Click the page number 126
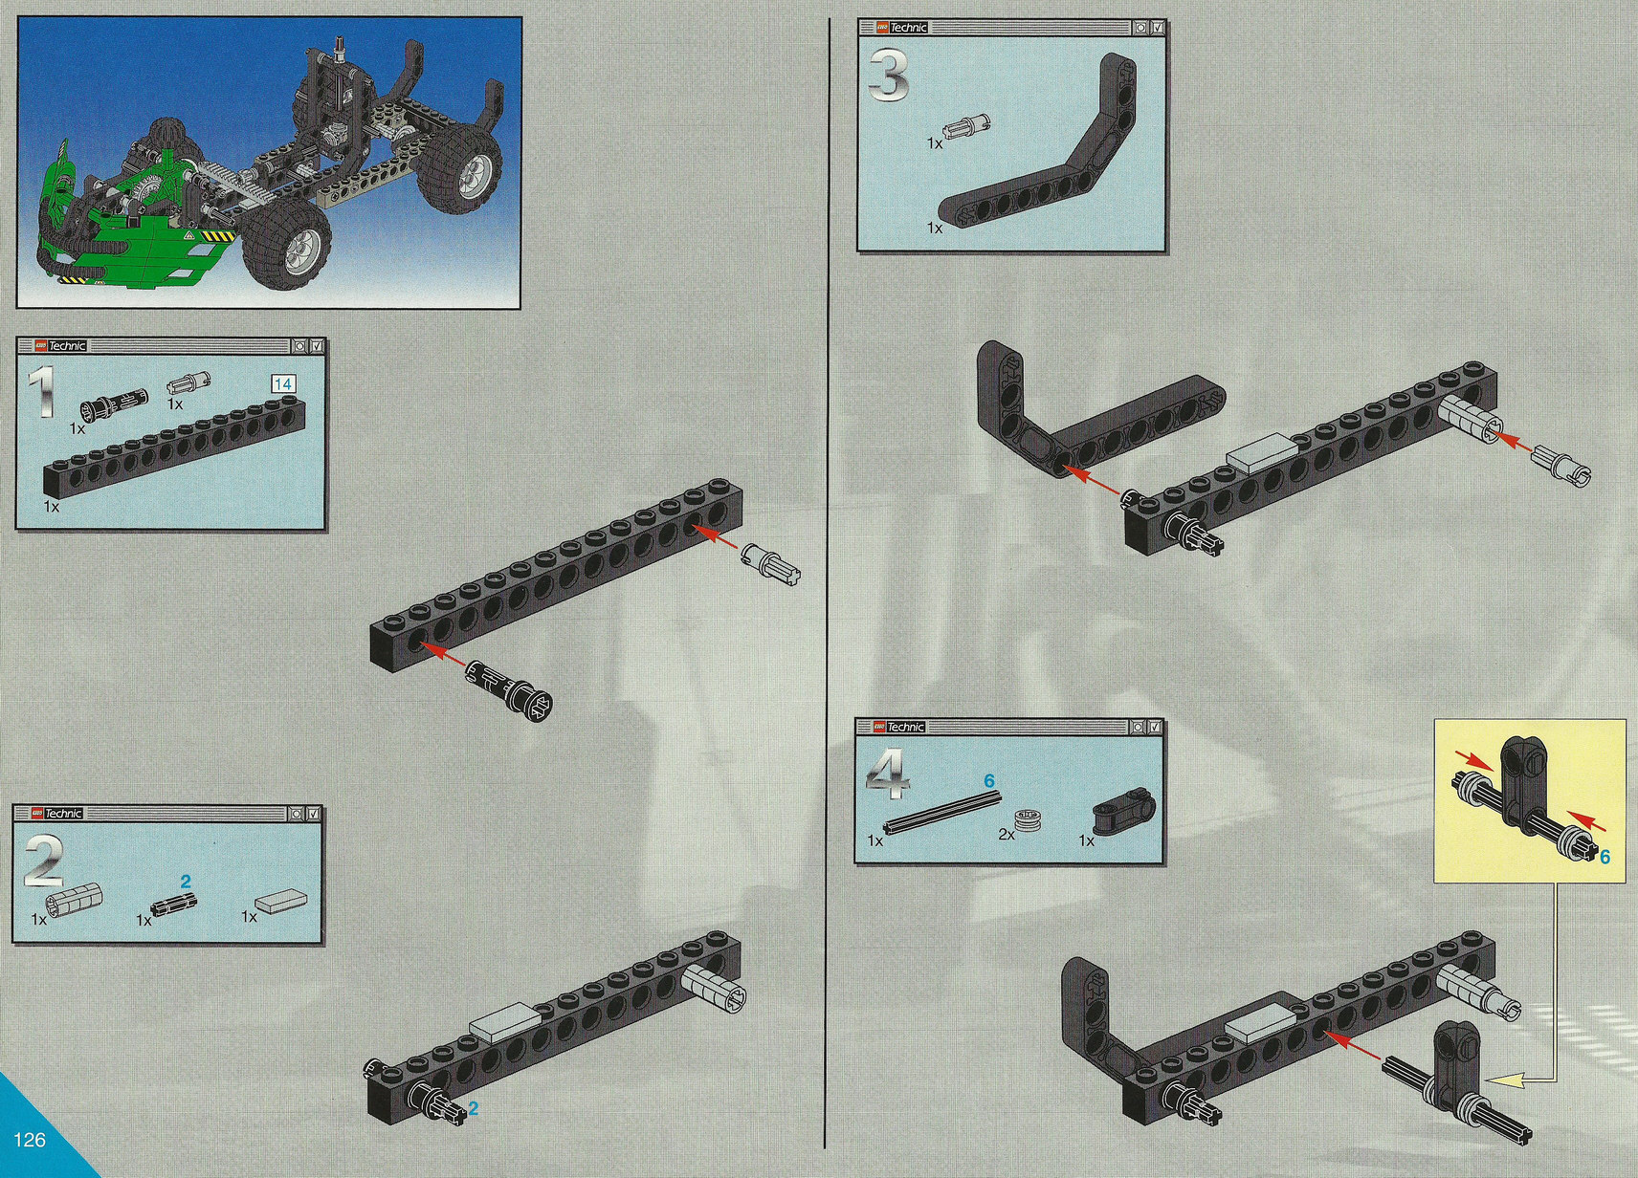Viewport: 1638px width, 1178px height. click(30, 1139)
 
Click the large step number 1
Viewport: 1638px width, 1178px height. click(42, 392)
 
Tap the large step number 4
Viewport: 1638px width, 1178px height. click(888, 774)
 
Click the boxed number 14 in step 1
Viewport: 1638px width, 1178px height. click(283, 384)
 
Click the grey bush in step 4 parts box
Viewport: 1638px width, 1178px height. click(1027, 823)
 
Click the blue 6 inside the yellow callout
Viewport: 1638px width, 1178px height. click(1605, 857)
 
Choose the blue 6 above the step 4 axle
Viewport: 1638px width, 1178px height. click(989, 781)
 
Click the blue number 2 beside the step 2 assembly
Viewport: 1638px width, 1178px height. click(473, 1108)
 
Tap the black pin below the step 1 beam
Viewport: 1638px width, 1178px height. click(510, 690)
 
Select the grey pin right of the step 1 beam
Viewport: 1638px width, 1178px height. click(771, 564)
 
